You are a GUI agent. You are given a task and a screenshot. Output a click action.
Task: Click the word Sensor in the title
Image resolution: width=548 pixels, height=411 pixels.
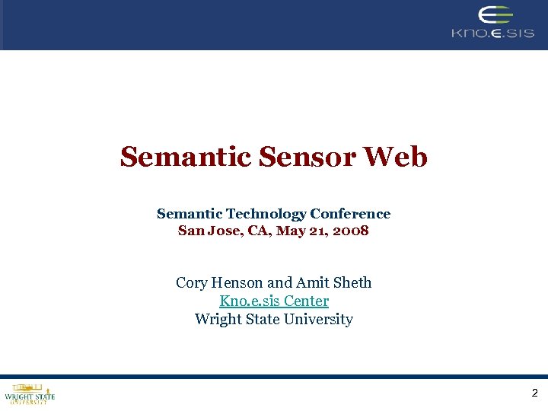click(x=307, y=158)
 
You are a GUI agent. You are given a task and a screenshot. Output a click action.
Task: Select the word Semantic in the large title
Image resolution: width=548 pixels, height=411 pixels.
click(x=186, y=158)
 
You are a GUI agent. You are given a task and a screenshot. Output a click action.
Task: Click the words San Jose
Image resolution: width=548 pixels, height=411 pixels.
click(x=202, y=230)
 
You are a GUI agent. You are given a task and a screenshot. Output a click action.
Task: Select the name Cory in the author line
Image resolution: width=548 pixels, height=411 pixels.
click(x=191, y=283)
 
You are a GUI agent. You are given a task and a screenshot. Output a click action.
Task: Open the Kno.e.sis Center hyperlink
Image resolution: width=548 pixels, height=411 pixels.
click(x=274, y=301)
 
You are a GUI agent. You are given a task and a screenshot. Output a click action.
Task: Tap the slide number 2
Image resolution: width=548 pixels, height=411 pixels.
click(x=534, y=393)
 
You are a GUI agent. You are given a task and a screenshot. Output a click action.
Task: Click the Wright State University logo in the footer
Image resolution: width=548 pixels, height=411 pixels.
click(x=30, y=394)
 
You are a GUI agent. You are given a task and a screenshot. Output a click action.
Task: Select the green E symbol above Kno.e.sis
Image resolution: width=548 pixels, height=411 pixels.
click(x=495, y=15)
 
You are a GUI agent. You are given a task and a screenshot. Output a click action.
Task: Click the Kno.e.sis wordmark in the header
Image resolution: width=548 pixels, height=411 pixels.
click(x=492, y=33)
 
